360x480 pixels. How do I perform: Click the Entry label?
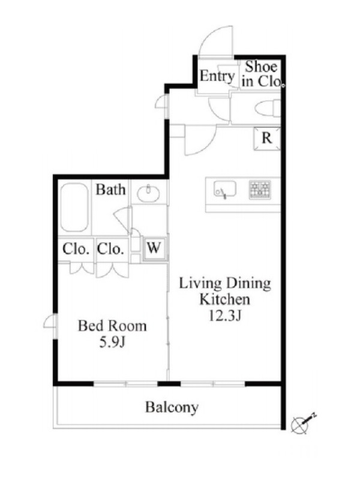coord(217,76)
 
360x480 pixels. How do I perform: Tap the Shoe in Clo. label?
coord(261,74)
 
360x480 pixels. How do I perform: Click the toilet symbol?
coord(267,109)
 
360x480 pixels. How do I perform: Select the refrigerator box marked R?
coord(267,139)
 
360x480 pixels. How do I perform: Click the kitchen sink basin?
coord(225,190)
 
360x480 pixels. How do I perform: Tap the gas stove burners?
coord(260,190)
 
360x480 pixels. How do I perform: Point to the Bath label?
coord(110,190)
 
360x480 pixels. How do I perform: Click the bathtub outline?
coord(74,207)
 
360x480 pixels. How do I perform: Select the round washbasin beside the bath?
coord(148,193)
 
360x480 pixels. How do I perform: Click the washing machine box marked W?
coord(154,247)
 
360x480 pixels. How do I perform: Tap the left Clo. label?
coord(76,249)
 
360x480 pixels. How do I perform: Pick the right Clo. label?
coord(110,249)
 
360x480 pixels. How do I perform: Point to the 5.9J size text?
coord(112,343)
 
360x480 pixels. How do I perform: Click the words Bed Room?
coord(112,326)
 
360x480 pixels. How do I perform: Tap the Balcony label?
coord(172,407)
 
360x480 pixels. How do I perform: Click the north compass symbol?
coord(302,424)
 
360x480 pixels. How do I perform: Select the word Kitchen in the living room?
coord(224,299)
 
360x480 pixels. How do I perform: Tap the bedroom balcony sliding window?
coord(125,383)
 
